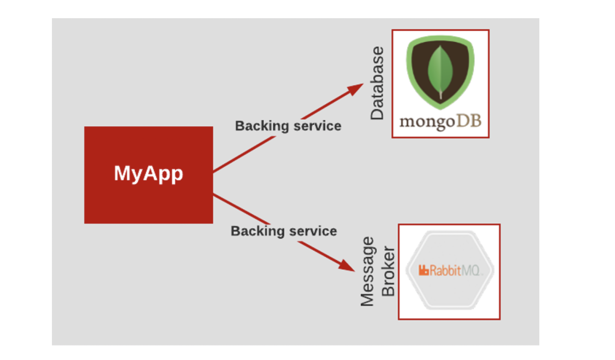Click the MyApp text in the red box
(148, 173)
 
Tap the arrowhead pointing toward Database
(355, 88)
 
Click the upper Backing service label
(288, 126)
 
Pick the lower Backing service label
(284, 231)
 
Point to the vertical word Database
(377, 83)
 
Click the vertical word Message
(367, 272)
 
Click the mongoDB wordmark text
(440, 121)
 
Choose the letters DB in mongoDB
(468, 121)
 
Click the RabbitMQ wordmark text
(450, 271)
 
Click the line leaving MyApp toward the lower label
(241, 209)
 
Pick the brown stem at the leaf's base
(441, 95)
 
